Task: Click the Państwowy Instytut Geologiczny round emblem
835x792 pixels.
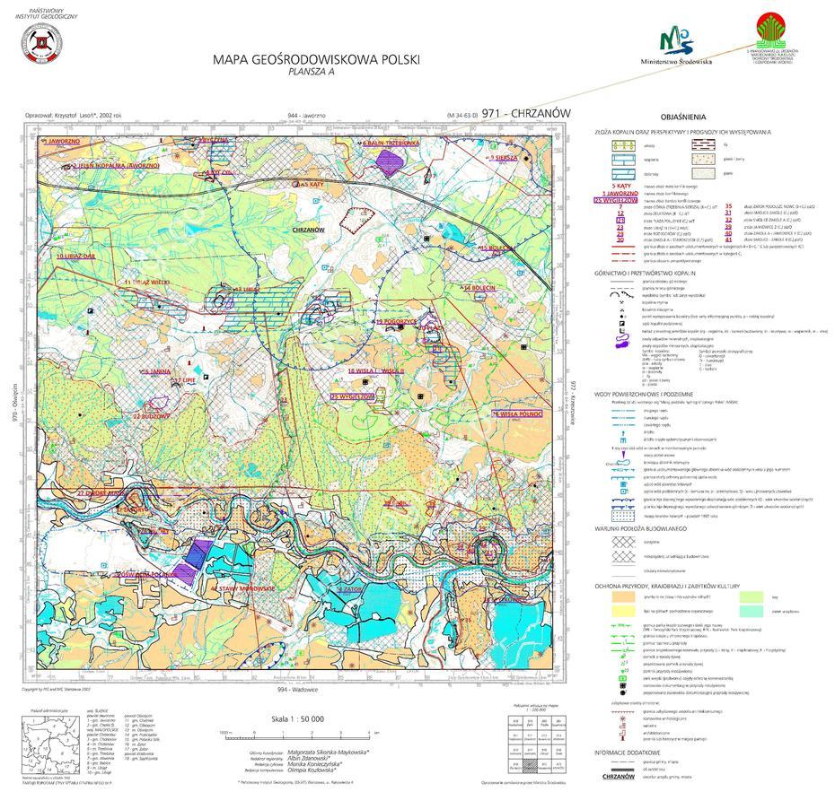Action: tap(40, 46)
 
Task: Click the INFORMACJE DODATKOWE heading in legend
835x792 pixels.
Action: tap(627, 752)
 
